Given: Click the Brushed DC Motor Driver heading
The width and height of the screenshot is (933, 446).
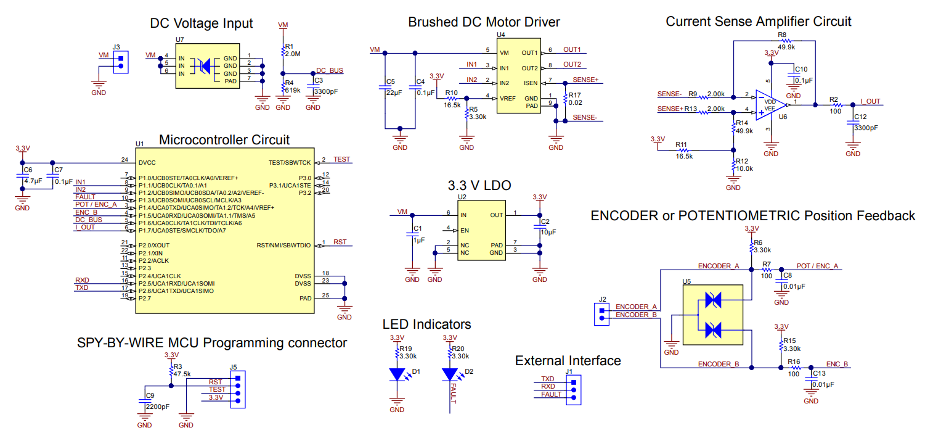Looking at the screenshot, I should pyautogui.click(x=484, y=22).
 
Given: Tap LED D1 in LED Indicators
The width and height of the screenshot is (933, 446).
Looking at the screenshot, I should pyautogui.click(x=397, y=374).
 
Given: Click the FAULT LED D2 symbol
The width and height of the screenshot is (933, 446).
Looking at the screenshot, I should pyautogui.click(x=450, y=374).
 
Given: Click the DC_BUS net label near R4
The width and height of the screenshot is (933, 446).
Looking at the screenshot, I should pyautogui.click(x=329, y=71).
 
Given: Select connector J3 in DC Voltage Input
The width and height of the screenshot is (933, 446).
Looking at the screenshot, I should pyautogui.click(x=121, y=62).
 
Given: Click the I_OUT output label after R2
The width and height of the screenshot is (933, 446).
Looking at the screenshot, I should pyautogui.click(x=871, y=101).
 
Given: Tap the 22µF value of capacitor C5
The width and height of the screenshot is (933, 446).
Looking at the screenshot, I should pyautogui.click(x=394, y=93).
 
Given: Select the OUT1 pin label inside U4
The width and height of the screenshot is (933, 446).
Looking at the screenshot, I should pyautogui.click(x=534, y=53).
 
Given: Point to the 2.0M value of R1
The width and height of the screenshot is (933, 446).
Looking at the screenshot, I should pyautogui.click(x=293, y=54).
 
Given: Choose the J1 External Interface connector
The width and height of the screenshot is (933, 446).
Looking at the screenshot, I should pyautogui.click(x=574, y=390).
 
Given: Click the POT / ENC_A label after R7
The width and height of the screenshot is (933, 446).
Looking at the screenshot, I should pyautogui.click(x=818, y=266).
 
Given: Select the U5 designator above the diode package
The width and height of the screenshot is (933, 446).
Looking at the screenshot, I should pyautogui.click(x=687, y=281).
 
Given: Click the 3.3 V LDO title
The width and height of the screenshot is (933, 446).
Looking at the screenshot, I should pyautogui.click(x=479, y=185).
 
